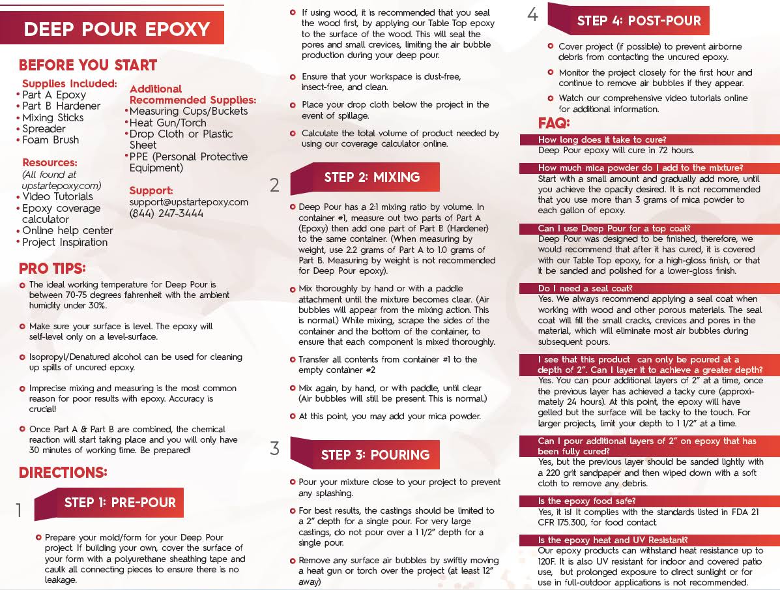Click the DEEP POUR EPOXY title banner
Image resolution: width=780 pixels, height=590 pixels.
[117, 29]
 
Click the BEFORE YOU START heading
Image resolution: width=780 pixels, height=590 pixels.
[88, 65]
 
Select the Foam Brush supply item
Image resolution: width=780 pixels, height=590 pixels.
[50, 140]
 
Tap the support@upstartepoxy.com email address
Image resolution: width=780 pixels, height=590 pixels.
[189, 202]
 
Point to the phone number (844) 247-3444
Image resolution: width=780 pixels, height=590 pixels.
[166, 214]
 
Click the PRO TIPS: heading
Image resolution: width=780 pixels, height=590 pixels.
[52, 269]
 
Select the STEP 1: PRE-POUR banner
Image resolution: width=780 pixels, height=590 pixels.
[120, 503]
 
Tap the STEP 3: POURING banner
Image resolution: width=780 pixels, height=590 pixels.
[375, 455]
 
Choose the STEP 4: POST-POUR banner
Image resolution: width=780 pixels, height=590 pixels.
[639, 21]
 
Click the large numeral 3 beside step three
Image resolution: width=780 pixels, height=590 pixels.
[275, 449]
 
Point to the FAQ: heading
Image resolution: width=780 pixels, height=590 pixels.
[554, 123]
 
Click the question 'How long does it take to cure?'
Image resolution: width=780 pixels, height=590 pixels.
[601, 140]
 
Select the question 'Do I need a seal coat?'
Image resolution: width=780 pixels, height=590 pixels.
[585, 288]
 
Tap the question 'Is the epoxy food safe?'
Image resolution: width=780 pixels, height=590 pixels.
[586, 501]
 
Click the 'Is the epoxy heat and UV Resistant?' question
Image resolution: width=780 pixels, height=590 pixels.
[613, 540]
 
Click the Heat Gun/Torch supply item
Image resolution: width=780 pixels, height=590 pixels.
[167, 123]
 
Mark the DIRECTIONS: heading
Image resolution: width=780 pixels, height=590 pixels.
[63, 473]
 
